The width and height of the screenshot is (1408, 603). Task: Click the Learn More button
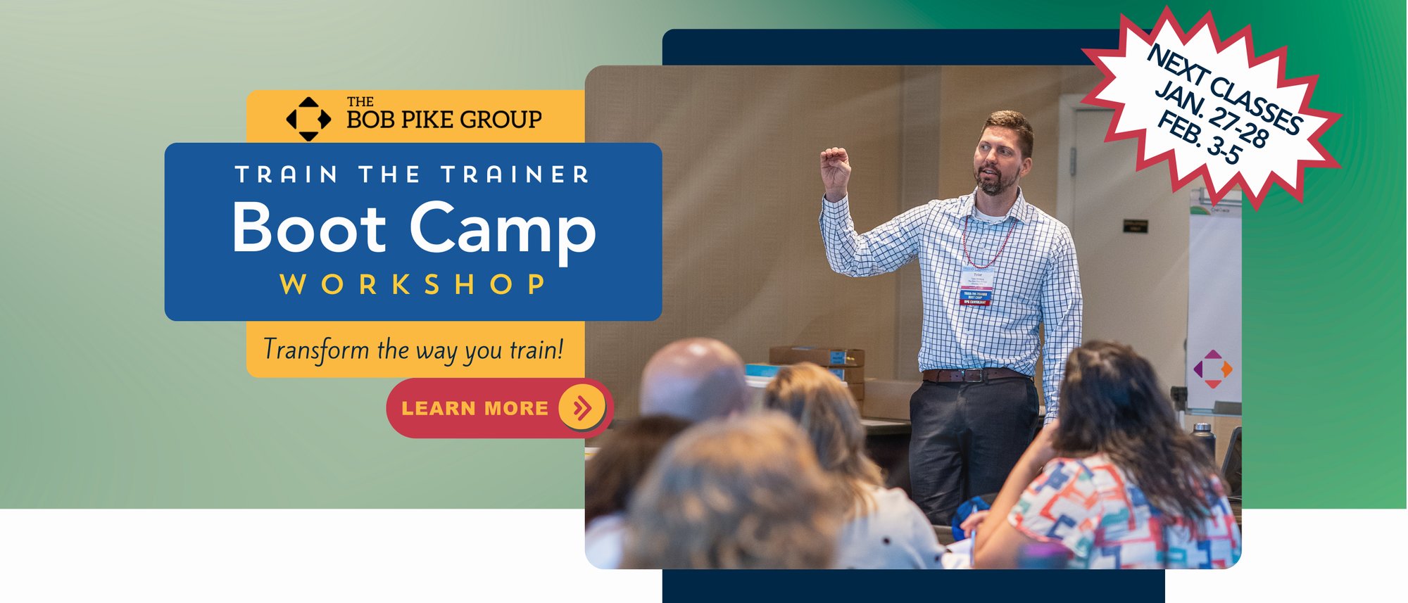click(x=475, y=408)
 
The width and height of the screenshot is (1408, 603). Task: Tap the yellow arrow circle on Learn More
click(x=582, y=407)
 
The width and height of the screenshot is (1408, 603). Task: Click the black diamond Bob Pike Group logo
click(x=308, y=118)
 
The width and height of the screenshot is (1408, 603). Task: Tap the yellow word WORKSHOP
click(x=413, y=284)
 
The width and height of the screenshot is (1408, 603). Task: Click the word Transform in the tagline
click(x=316, y=350)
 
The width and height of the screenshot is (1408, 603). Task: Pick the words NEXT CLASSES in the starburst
click(x=1225, y=89)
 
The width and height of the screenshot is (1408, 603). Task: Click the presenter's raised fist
click(x=834, y=162)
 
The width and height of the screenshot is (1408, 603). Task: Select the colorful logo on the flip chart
click(x=1212, y=368)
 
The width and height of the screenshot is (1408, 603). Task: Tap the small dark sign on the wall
click(x=1135, y=226)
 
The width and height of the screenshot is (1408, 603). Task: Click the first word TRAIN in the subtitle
click(x=286, y=174)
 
